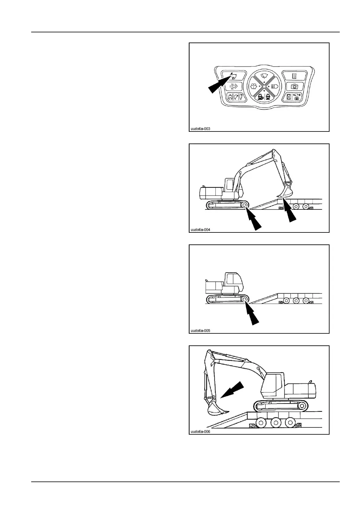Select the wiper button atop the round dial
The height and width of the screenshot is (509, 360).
click(x=264, y=76)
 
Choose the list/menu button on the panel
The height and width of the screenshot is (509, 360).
click(x=293, y=76)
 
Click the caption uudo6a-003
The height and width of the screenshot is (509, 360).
click(x=200, y=129)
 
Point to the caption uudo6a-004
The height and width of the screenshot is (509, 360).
click(x=200, y=230)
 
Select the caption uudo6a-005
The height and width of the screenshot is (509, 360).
click(x=200, y=331)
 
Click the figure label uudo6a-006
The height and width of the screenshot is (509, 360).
click(x=200, y=432)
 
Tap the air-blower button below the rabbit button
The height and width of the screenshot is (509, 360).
click(x=233, y=87)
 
